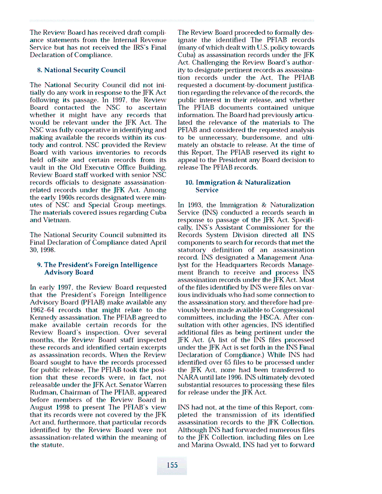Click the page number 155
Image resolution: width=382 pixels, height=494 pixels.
click(172, 465)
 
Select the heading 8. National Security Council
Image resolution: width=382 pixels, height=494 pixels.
click(81, 70)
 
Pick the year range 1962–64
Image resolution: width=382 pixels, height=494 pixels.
click(44, 311)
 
